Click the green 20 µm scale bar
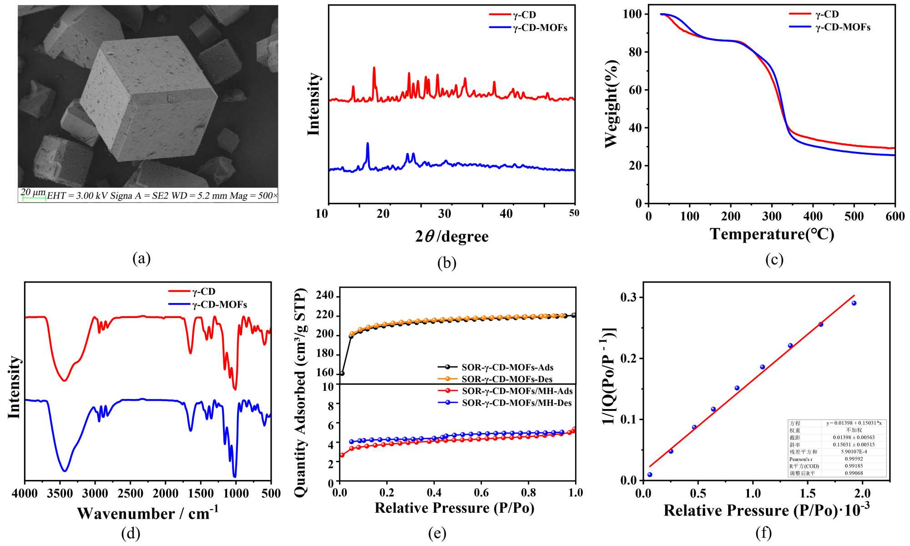click(34, 198)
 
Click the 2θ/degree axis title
click(451, 237)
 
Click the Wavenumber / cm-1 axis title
click(148, 513)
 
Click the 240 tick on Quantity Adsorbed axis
click(324, 296)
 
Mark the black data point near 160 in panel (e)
click(342, 374)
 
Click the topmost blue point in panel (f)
click(854, 303)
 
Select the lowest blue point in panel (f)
click(650, 475)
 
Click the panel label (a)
click(142, 258)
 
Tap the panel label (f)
click(763, 533)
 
